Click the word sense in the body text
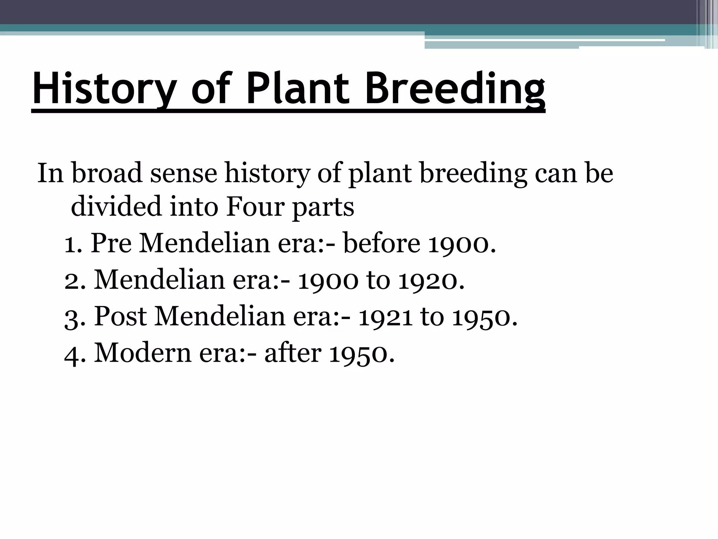pos(184,174)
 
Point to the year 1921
pos(385,316)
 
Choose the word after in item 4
pos(293,353)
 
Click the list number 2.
pos(72,280)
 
